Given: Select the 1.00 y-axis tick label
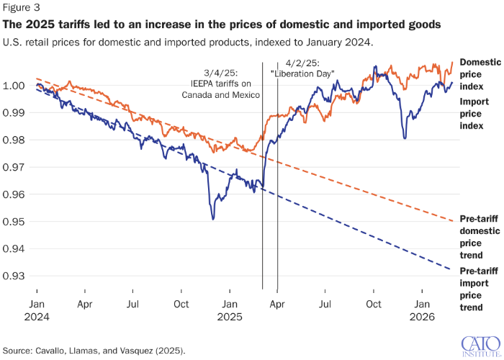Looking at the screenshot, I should [16, 86].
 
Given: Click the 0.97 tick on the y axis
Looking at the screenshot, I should [16, 167].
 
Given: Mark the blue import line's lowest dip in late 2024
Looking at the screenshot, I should [212, 219].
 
